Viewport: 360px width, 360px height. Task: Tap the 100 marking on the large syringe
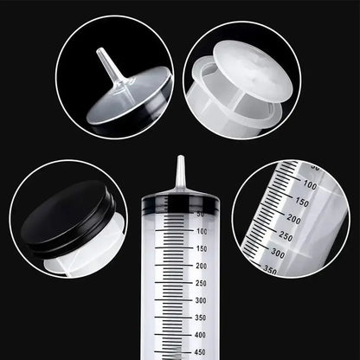(x=202, y=231)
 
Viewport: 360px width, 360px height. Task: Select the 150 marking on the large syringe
(x=202, y=248)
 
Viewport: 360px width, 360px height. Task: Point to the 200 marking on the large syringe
(x=202, y=266)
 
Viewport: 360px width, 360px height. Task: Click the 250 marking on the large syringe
(x=202, y=283)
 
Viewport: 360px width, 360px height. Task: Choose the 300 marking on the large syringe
(x=202, y=300)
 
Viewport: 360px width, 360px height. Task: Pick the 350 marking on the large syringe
(x=202, y=318)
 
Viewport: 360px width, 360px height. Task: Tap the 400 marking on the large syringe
(x=202, y=334)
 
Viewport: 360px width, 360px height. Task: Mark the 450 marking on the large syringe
(x=202, y=351)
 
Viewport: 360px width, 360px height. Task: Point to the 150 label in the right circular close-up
(x=300, y=202)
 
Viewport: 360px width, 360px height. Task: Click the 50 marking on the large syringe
(x=202, y=214)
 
